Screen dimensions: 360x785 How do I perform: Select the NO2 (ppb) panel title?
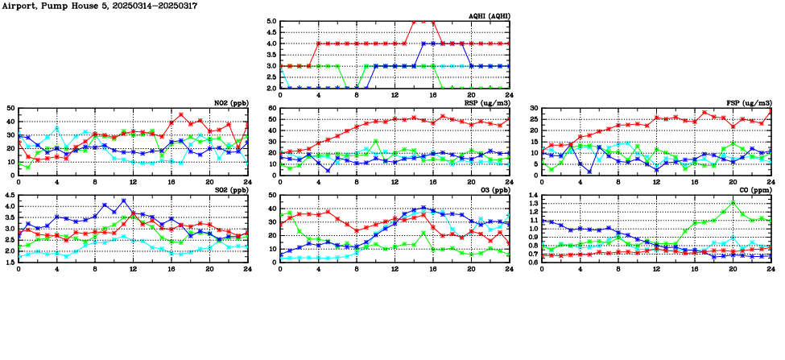233,102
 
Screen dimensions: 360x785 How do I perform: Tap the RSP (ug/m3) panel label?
487,102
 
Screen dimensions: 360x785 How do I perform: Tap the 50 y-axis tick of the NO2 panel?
10,108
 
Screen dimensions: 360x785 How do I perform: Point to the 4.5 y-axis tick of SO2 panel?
9,196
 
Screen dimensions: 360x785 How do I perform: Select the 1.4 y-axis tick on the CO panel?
531,196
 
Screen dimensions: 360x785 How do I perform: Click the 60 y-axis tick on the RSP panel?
272,108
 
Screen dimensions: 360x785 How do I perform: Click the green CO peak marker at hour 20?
733,202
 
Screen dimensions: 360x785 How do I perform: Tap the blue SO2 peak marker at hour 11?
124,201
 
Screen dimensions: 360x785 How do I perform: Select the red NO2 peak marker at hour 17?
181,114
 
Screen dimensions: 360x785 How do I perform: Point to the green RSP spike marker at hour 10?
376,141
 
